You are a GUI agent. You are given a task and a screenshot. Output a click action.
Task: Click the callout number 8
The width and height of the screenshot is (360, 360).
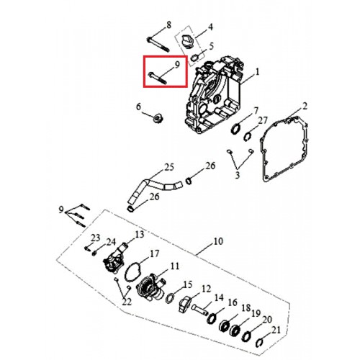[x=168, y=25]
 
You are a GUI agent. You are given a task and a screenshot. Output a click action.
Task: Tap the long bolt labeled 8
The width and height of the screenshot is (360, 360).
[x=158, y=45]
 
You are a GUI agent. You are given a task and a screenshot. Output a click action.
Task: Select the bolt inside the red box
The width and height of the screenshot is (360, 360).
[x=158, y=78]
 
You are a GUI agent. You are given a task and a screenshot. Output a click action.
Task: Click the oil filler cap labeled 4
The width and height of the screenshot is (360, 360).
[x=187, y=41]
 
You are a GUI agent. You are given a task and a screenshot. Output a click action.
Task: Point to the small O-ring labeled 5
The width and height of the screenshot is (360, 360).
[x=196, y=58]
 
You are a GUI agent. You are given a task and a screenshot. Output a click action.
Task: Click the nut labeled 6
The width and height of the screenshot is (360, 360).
[x=158, y=118]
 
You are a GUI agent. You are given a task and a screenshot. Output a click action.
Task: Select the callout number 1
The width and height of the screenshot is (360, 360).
[x=257, y=72]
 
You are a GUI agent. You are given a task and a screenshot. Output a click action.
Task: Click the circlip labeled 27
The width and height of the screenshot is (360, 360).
[x=247, y=137]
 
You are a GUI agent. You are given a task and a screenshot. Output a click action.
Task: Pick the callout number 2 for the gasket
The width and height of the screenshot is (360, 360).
[x=305, y=106]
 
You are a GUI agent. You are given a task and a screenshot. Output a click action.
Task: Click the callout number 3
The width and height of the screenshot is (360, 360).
[x=238, y=175]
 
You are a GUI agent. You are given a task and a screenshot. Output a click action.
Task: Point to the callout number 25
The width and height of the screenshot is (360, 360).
[x=169, y=167]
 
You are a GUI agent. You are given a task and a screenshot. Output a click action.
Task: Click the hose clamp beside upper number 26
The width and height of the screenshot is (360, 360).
[x=189, y=181]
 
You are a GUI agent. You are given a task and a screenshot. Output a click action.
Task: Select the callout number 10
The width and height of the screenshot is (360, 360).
[x=218, y=241]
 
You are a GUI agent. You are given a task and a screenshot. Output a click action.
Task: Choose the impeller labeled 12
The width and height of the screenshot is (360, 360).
[x=185, y=304]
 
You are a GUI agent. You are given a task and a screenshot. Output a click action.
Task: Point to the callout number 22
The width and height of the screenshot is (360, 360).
[x=127, y=302]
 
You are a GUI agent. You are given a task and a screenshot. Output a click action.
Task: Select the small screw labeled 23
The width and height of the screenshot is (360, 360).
[x=87, y=248]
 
